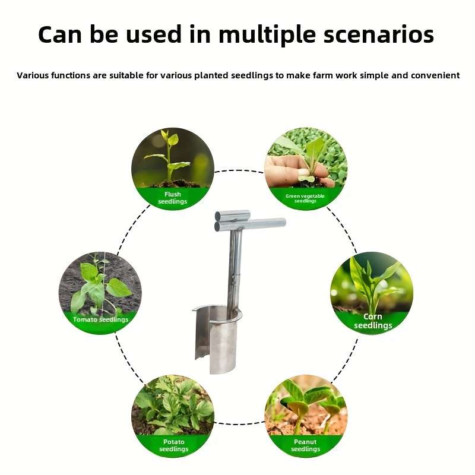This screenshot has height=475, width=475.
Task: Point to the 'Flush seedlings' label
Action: [x=172, y=198]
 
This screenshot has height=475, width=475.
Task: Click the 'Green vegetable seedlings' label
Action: [x=305, y=198]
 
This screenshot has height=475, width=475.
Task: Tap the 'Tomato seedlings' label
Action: [x=100, y=319]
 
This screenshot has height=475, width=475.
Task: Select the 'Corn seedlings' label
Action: [x=373, y=321]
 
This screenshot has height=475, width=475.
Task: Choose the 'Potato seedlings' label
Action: [x=173, y=445]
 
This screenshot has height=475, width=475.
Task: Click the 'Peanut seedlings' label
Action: [x=306, y=445]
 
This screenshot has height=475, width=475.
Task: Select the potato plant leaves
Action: [x=172, y=404]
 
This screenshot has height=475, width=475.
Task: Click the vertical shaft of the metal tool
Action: [x=235, y=261]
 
